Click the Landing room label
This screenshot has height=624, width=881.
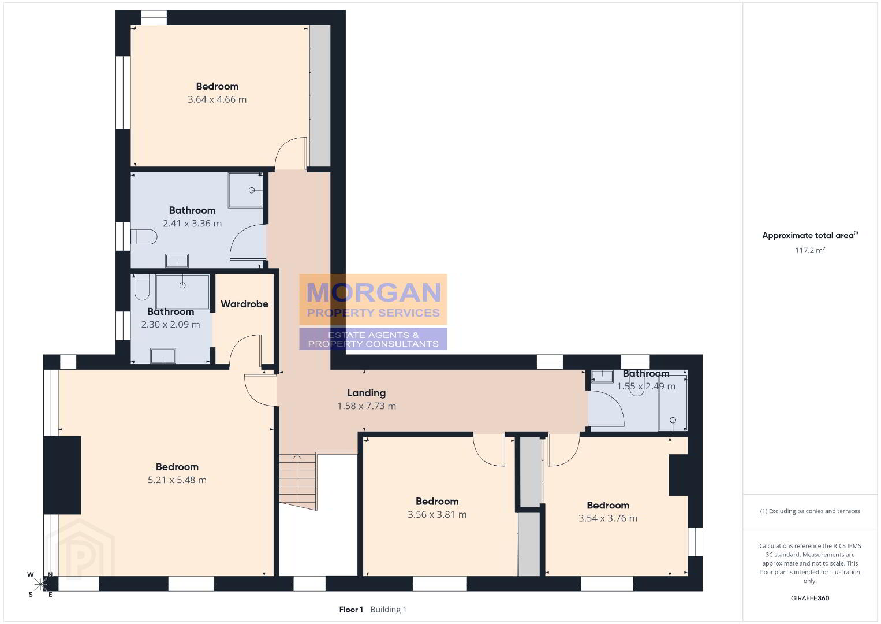coord(366,393)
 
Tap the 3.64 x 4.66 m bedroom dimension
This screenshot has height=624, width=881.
coord(217,99)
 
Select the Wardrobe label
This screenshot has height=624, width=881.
coord(244,304)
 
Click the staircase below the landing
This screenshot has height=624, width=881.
coord(298,481)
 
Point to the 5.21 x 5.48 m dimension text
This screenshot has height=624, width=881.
coord(177,480)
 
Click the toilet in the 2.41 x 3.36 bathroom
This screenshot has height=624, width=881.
coord(144,237)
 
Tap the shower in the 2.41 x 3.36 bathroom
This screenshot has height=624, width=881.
coord(245,190)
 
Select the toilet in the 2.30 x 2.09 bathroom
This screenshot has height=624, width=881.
coord(141,287)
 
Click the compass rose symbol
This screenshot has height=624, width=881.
coord(40,584)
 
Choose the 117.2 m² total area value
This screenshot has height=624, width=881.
coord(810,250)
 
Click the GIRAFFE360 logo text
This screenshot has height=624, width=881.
coord(810,598)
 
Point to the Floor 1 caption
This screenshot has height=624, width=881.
coord(351,610)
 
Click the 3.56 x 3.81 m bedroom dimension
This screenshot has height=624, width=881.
coord(437,515)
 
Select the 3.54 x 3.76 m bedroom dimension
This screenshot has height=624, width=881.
coord(608,518)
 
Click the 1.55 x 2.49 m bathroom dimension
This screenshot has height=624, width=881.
coord(646,386)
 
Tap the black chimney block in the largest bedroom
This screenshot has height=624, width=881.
coord(62,475)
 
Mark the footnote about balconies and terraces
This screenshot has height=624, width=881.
coord(810,511)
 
